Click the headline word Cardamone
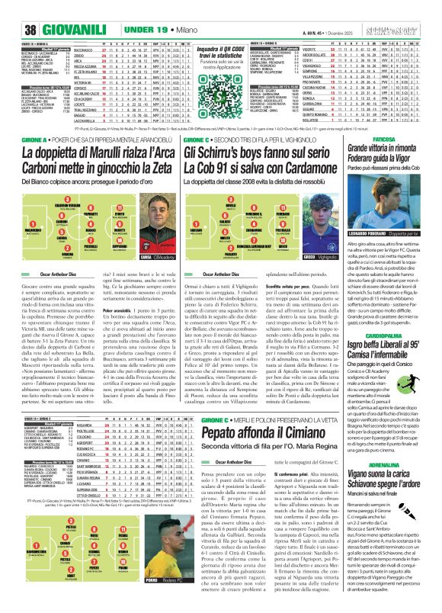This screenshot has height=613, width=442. pos(305,172)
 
